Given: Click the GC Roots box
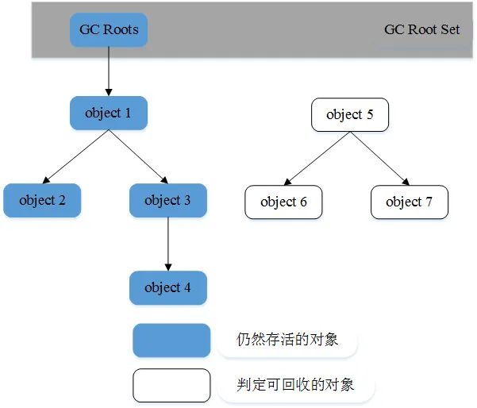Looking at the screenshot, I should tap(109, 30).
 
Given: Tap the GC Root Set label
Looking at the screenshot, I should tap(421, 30).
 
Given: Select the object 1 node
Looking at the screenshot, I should tap(109, 113).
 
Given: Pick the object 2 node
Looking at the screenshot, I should tap(42, 200).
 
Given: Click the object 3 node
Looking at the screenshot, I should tap(167, 200).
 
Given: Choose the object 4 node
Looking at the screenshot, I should tap(167, 287).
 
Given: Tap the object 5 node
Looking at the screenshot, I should tap(350, 115).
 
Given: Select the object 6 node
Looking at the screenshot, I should tap(283, 202).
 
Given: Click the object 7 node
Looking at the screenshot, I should tap(409, 202).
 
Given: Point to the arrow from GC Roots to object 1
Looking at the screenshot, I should tap(109, 71).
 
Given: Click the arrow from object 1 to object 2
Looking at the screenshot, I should tap(75, 157).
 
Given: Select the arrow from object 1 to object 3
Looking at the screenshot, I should tap(139, 157).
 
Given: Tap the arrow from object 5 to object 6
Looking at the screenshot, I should tap(317, 159).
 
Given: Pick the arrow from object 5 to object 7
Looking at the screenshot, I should tap(379, 159).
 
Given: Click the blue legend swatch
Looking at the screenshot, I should tap(171, 341).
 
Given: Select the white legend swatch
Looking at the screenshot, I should tap(171, 385).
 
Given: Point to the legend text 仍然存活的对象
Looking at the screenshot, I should tap(288, 340).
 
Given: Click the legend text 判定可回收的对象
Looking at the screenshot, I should tap(294, 385).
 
